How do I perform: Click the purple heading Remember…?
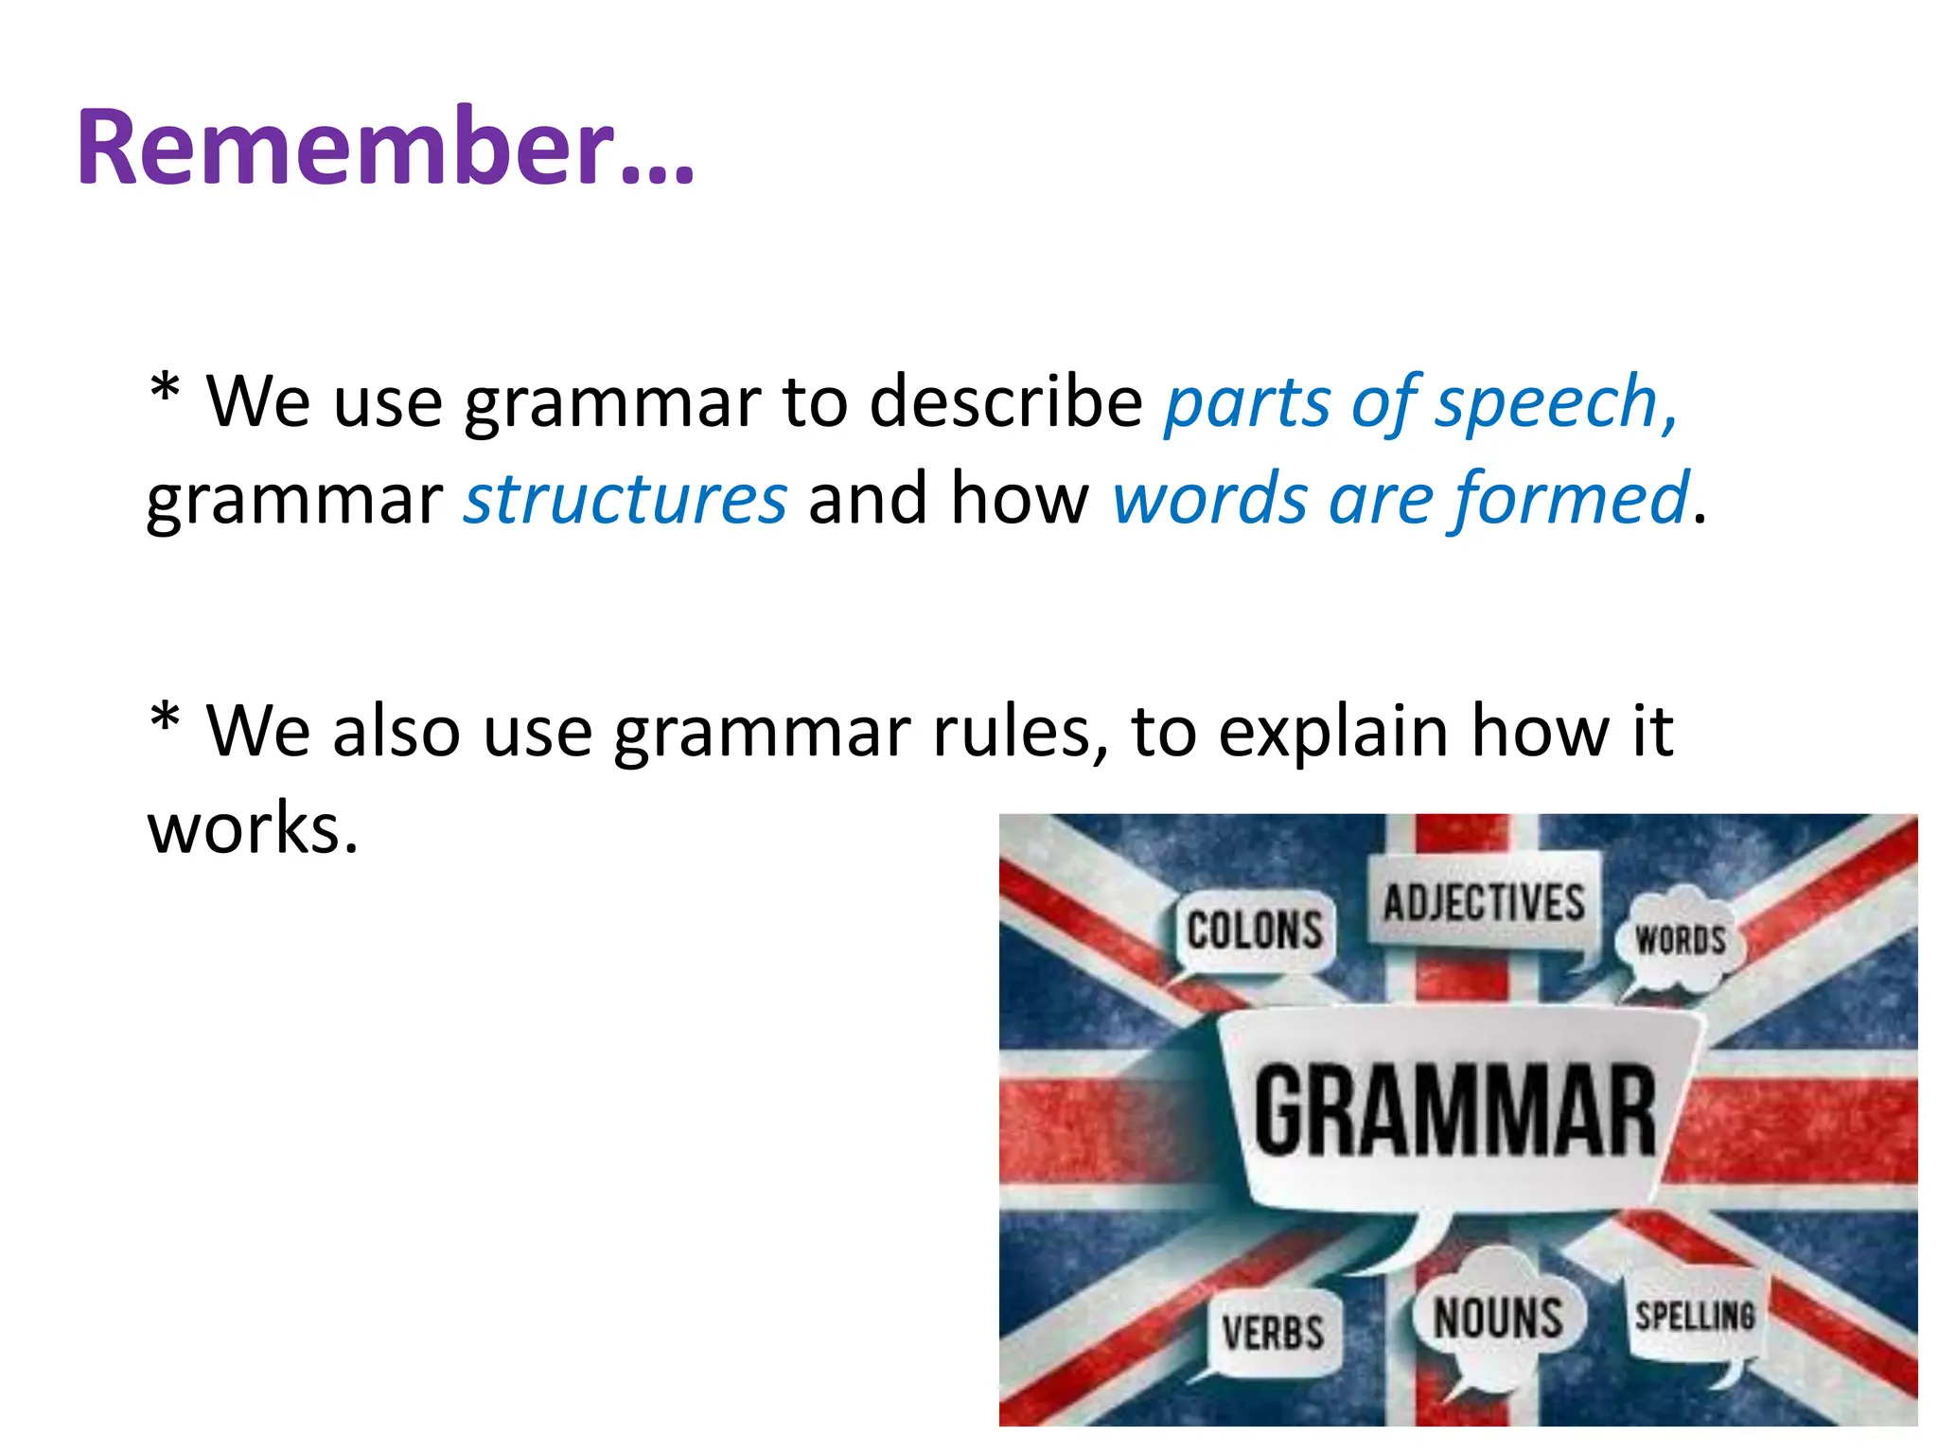(x=385, y=148)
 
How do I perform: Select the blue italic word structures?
(x=625, y=499)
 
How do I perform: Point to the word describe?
(x=1005, y=401)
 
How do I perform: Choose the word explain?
(x=1332, y=732)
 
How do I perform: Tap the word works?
(x=252, y=828)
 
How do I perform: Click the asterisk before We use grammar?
(x=165, y=390)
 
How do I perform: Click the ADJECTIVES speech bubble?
(x=1483, y=902)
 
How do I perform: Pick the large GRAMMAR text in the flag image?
(x=1454, y=1110)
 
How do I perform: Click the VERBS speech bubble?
(x=1273, y=1333)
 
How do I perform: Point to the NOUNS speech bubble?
(x=1497, y=1319)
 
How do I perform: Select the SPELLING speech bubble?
(x=1695, y=1317)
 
